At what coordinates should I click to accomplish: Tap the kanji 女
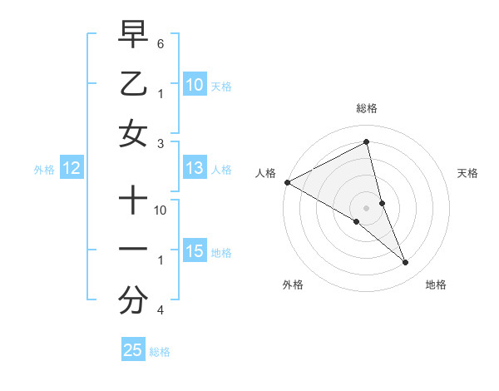pos(133,134)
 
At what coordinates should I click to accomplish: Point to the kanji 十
pos(133,200)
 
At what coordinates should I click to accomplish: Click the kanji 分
pos(133,301)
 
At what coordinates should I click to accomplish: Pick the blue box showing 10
pos(194,84)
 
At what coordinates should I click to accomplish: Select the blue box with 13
pos(194,169)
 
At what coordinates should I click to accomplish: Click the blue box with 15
pos(194,251)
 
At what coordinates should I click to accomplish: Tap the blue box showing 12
pos(71,169)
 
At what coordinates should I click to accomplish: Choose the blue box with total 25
pos(133,350)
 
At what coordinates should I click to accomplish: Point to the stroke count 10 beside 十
pos(161,210)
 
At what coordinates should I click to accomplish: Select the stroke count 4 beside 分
pos(161,310)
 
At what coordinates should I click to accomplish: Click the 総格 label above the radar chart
pos(366,108)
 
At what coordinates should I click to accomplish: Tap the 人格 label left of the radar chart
pos(266,173)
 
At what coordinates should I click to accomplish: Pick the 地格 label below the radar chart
pos(436,285)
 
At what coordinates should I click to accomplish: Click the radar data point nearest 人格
pos(287,182)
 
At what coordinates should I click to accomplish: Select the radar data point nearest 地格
pos(406,263)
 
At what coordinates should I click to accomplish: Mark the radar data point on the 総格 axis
pos(366,141)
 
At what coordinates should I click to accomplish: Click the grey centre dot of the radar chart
pos(366,208)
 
